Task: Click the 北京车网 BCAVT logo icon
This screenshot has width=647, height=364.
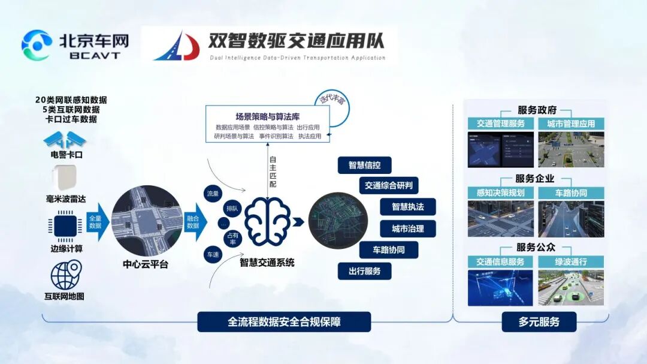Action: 37,45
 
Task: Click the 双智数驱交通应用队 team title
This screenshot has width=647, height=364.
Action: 296,40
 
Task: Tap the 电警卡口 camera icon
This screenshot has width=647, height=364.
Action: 65,140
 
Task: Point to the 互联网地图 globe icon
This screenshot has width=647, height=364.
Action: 65,275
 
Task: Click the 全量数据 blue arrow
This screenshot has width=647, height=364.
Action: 98,222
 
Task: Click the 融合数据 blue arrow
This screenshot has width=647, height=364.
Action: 194,222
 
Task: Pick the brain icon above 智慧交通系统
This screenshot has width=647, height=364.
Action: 267,222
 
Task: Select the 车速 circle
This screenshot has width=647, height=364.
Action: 213,254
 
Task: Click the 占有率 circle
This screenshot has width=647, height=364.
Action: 232,238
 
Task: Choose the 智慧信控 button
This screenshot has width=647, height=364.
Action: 365,165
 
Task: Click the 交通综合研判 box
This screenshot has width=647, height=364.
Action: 389,185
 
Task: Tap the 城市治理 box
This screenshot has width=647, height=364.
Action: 407,228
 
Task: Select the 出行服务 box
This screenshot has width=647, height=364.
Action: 365,271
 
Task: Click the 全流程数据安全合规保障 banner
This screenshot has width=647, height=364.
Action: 284,322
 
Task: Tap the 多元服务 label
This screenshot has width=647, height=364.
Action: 539,322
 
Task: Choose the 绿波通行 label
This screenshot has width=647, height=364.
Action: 571,262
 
